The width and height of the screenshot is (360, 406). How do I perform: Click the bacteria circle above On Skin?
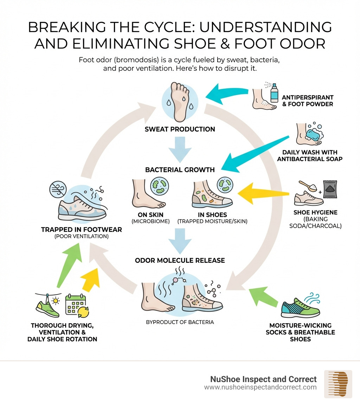tap(160, 186)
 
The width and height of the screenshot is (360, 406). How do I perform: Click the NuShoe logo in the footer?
tap(338, 384)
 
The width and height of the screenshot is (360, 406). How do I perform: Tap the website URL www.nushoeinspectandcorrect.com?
tap(260, 387)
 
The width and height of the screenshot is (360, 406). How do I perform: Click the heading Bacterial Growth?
tap(180, 170)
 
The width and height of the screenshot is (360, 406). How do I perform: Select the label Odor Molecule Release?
tap(180, 260)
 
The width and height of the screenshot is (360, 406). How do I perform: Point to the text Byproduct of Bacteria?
tap(180, 322)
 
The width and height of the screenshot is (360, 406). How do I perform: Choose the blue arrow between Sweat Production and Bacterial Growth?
tap(180, 149)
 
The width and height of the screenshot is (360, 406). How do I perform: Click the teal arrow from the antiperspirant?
tap(229, 93)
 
